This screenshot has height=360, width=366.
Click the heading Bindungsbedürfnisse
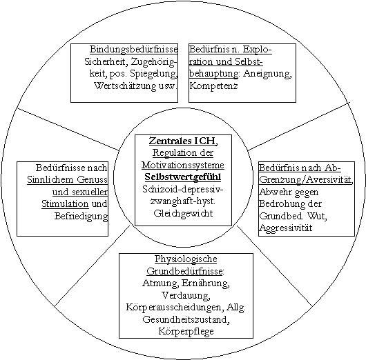[134, 50]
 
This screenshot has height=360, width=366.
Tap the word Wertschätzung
[125, 86]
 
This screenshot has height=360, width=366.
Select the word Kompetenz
[213, 86]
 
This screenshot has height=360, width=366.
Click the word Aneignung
[267, 74]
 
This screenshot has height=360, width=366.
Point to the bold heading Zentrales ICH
[184, 141]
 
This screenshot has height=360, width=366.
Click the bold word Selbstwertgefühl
[183, 177]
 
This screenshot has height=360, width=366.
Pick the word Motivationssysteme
[183, 165]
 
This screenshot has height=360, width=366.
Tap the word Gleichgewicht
[183, 214]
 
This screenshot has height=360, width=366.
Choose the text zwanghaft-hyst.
[182, 201]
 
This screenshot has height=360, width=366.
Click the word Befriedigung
[81, 216]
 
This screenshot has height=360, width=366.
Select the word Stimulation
[65, 204]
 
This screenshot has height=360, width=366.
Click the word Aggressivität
[286, 228]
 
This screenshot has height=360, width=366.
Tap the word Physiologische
[186, 259]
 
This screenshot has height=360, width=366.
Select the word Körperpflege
[186, 331]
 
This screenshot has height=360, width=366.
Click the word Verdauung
[186, 295]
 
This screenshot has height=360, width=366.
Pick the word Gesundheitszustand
[186, 319]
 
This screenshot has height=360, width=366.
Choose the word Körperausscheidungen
[174, 308]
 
